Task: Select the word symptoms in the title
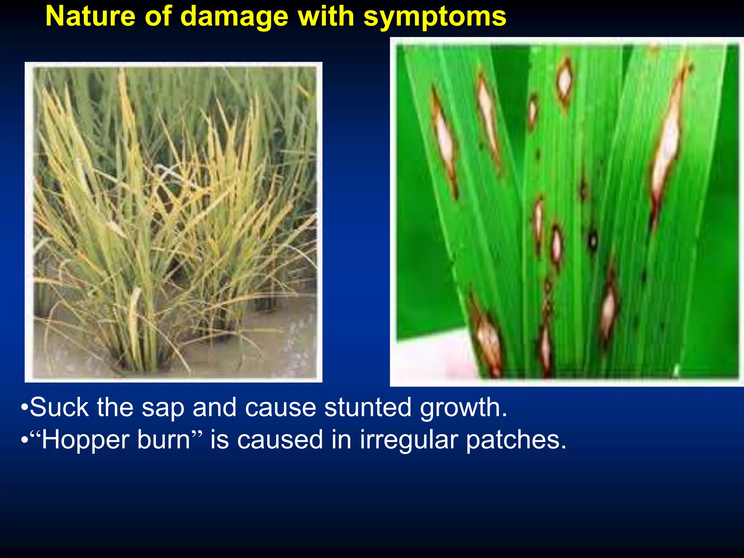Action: pos(435,17)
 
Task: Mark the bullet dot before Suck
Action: pos(24,408)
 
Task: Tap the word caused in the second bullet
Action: pos(280,440)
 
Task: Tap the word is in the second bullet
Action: pos(220,440)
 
